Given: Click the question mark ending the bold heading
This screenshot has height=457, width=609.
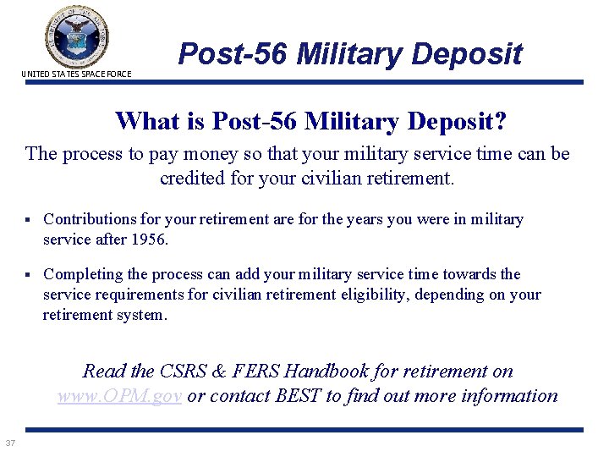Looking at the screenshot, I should (500, 121).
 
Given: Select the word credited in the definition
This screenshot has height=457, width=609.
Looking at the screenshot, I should (194, 179).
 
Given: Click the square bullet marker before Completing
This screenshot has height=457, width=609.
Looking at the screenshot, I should (29, 275).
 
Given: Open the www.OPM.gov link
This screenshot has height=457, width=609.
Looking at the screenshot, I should (119, 395).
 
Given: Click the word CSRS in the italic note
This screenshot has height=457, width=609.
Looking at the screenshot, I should (182, 371).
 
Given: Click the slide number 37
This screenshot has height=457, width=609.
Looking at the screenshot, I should (10, 443).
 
